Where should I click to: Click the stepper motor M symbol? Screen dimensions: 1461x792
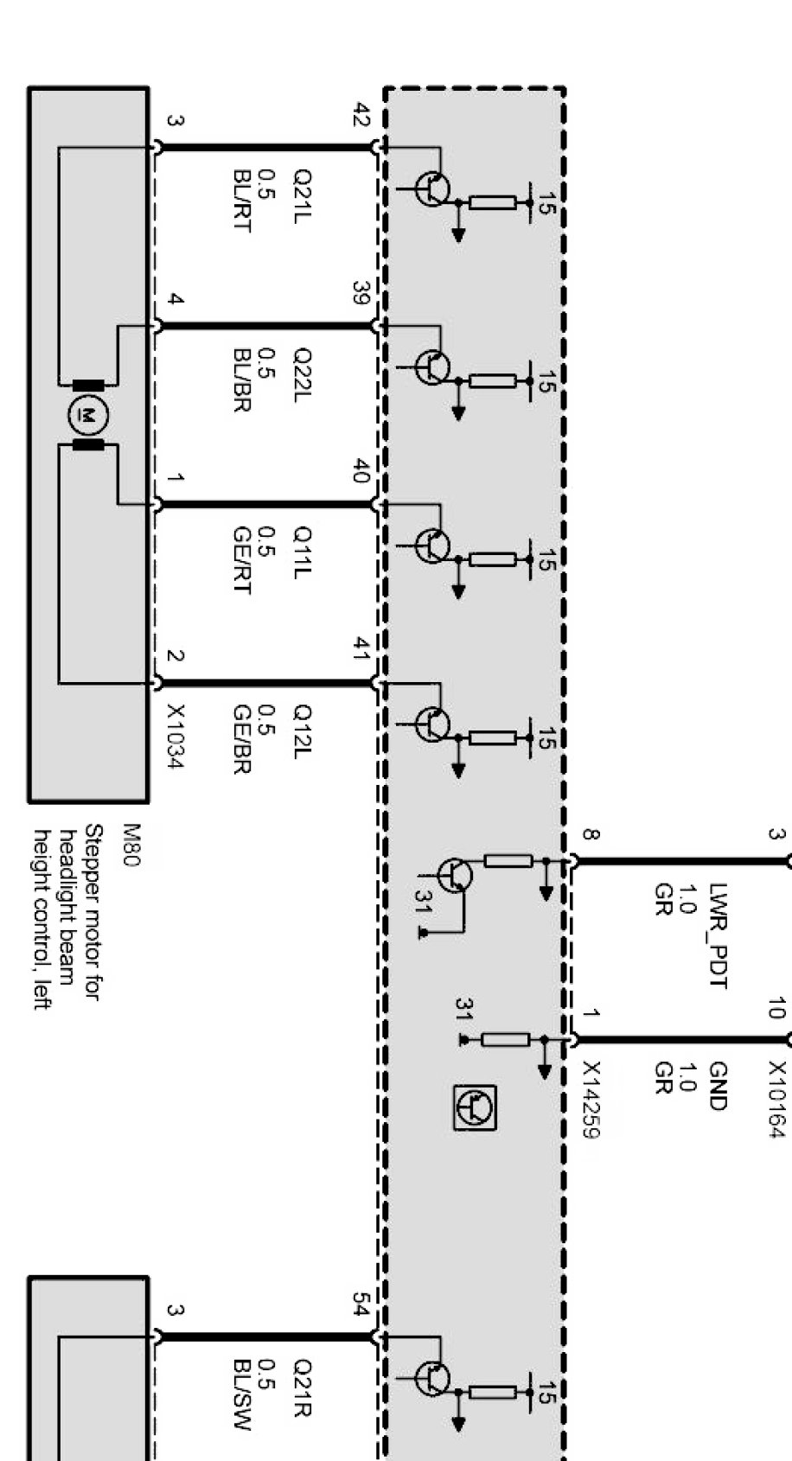point(87,416)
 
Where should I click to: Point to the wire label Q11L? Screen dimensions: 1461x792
point(303,553)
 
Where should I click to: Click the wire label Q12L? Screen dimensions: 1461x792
point(303,731)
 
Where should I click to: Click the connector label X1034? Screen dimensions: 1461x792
point(176,737)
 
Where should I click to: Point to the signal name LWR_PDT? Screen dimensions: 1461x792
point(718,935)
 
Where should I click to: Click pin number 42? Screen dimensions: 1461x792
point(361,115)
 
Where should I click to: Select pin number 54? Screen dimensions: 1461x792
point(361,1305)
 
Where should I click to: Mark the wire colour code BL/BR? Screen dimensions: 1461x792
point(242,380)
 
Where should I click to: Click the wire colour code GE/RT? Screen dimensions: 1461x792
point(242,559)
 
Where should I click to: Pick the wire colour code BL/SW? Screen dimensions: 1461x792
point(242,1394)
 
